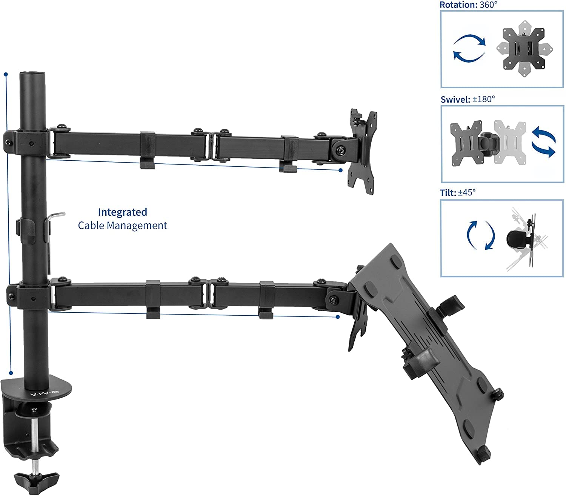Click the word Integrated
(122, 212)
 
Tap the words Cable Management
(122, 226)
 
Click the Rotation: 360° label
(469, 5)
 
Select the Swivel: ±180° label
(468, 100)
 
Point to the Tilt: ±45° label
(458, 193)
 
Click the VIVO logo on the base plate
(44, 394)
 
